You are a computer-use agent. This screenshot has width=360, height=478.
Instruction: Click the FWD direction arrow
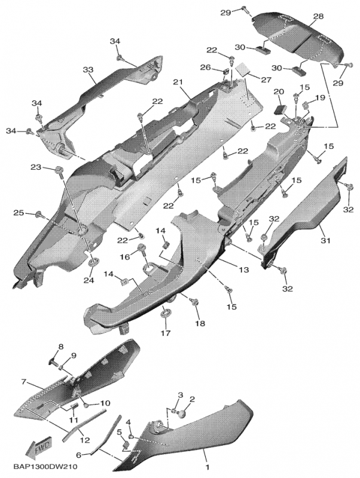[39, 447]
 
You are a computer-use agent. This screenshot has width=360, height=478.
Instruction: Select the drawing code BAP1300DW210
[45, 467]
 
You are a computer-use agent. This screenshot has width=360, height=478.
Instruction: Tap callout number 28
[318, 16]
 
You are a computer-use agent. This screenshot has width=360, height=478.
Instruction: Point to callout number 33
[88, 70]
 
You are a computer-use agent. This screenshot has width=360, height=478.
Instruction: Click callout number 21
[178, 82]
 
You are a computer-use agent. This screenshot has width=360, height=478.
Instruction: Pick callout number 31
[325, 241]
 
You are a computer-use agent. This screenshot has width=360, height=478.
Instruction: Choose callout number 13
[244, 269]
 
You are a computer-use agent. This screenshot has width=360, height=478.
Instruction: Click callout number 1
[208, 467]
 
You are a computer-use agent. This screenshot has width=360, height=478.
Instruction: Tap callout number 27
[266, 79]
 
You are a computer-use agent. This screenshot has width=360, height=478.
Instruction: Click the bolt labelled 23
[59, 171]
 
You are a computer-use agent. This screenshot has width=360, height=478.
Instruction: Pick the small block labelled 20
[280, 109]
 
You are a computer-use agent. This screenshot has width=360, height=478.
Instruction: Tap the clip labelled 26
[226, 72]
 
